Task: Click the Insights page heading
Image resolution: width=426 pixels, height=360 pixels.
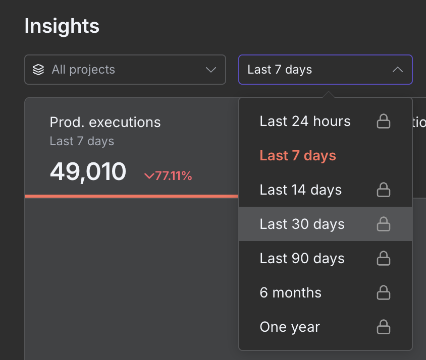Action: pos(62,26)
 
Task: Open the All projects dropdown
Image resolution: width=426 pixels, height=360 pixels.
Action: pos(125,70)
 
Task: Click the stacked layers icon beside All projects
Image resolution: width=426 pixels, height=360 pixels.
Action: pos(38,70)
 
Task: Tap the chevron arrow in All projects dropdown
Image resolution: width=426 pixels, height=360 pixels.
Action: pos(211,70)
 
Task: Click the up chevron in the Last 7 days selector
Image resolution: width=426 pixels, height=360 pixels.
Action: pos(398,70)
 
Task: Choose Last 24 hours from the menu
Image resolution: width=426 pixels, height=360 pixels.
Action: pos(305,122)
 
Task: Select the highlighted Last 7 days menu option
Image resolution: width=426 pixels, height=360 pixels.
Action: pos(298,156)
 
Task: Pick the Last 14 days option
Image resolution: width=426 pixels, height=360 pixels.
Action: pos(301,190)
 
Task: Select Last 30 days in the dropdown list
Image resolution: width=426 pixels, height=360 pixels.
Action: pos(302,224)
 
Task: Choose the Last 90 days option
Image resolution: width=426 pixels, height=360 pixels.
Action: pos(302,259)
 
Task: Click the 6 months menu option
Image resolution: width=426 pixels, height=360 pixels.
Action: pos(291,293)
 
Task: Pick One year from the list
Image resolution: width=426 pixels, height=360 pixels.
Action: pos(290,327)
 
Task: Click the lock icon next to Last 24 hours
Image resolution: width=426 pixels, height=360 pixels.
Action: pos(384,122)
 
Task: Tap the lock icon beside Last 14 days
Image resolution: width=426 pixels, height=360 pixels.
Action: pos(384,190)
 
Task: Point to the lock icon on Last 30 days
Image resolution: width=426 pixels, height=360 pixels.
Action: pos(384,224)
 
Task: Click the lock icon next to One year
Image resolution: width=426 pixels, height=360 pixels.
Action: pos(384,327)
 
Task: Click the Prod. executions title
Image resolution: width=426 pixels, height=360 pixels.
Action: pos(105,123)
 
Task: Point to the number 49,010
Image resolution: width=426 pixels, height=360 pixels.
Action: pos(88,172)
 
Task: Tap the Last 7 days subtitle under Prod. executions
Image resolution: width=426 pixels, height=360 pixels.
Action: pos(82,141)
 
